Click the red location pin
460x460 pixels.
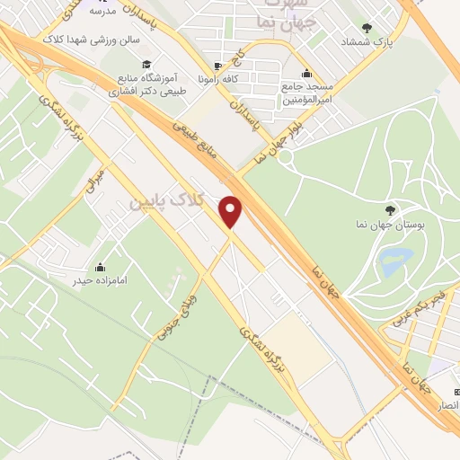tap(233, 211)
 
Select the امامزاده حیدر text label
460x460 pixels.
tap(100, 281)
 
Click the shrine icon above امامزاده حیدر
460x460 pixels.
tap(100, 267)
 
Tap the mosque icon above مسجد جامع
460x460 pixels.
tap(308, 74)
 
